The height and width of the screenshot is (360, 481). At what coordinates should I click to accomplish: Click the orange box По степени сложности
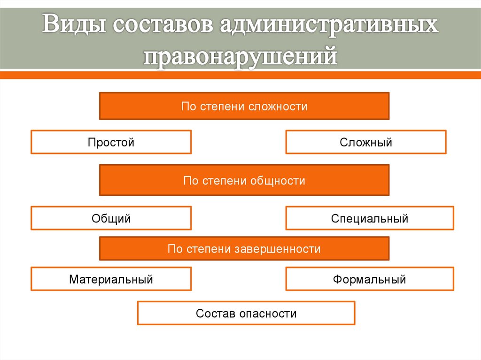click(x=244, y=106)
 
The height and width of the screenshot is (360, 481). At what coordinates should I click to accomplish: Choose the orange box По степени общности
click(x=244, y=180)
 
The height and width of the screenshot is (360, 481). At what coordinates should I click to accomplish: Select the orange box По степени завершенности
click(x=244, y=248)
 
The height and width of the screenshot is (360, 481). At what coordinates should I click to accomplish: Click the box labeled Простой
click(x=111, y=142)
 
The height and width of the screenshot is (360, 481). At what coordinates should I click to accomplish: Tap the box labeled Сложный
click(x=366, y=142)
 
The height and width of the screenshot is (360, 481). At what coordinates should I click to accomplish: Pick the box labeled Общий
click(x=111, y=218)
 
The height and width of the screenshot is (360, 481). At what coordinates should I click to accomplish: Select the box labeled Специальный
click(x=370, y=218)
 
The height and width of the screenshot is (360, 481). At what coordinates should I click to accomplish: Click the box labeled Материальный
click(x=111, y=279)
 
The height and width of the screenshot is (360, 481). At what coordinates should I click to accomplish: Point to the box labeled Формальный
click(x=370, y=279)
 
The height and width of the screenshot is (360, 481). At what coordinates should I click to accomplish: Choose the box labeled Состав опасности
click(x=246, y=313)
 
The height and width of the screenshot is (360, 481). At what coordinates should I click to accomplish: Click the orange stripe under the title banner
click(x=240, y=75)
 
